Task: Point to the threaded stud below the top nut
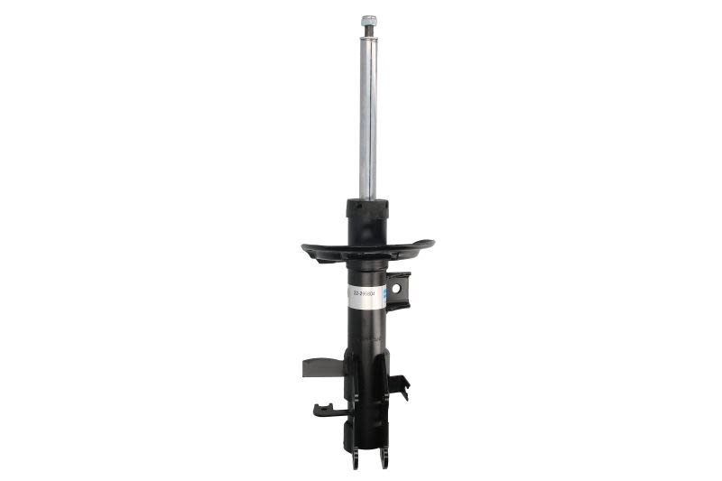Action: click(368, 32)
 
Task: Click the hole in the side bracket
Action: click(396, 288)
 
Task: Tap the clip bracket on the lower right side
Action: click(401, 387)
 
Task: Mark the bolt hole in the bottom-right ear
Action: click(384, 459)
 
